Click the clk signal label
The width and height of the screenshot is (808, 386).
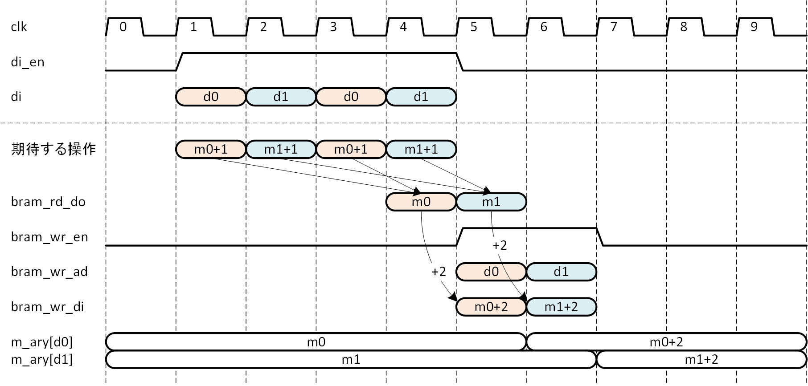[19, 27]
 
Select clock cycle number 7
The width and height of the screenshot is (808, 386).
[614, 27]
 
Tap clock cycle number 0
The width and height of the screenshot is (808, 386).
[123, 27]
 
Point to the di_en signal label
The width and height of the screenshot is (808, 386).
[28, 62]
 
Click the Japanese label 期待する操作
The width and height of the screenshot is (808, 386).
[53, 149]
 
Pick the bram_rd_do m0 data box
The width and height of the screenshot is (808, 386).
[421, 202]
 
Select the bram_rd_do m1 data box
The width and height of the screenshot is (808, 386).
[491, 202]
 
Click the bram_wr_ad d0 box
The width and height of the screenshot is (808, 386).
[491, 272]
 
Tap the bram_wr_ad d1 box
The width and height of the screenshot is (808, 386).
[562, 272]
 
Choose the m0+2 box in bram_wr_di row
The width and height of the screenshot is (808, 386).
[491, 307]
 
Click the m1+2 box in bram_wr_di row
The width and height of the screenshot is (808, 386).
[562, 307]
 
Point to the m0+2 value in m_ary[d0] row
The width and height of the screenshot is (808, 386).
[666, 342]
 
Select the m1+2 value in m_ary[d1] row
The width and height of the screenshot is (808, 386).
[701, 359]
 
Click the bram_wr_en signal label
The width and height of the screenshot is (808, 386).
[49, 237]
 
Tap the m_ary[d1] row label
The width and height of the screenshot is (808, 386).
[42, 359]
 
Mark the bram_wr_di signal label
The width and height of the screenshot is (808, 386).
[47, 307]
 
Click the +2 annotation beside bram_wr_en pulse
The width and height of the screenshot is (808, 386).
[500, 245]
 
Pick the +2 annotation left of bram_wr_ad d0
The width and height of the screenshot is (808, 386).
[439, 272]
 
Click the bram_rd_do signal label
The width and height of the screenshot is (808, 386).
[48, 202]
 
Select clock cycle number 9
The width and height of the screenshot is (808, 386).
[754, 27]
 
